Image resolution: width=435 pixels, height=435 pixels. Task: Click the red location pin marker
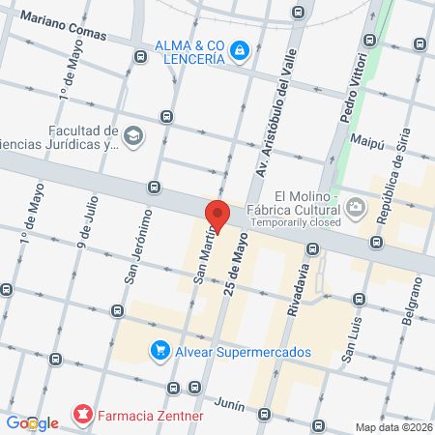click(217, 215)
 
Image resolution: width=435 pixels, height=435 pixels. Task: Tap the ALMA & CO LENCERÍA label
click(189, 50)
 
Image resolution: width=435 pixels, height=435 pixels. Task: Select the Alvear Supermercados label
click(243, 352)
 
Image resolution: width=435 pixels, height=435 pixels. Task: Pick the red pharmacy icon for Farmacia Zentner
click(84, 417)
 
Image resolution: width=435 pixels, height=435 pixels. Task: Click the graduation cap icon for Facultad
click(132, 135)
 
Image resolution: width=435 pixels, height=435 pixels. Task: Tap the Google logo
click(33, 422)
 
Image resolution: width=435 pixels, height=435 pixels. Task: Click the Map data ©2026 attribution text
click(393, 427)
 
